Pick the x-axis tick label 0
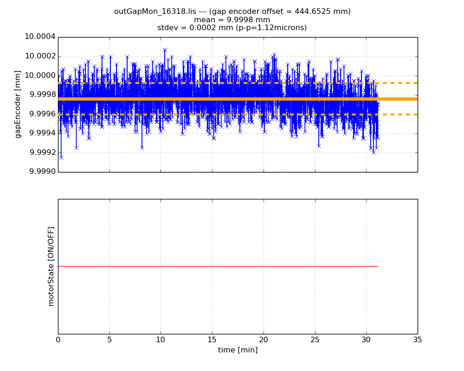pos(58,339)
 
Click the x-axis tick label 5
pos(110,339)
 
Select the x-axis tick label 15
pos(212,339)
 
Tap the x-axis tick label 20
pos(264,339)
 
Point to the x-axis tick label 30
pos(366,339)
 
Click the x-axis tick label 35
pos(417,339)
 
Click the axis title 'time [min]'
pos(238,350)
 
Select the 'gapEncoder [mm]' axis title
pos(18,104)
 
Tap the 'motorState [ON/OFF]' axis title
pos(51,266)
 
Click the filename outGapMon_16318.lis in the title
pos(152,12)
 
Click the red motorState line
pos(218,266)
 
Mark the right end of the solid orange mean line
pos(417,99)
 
